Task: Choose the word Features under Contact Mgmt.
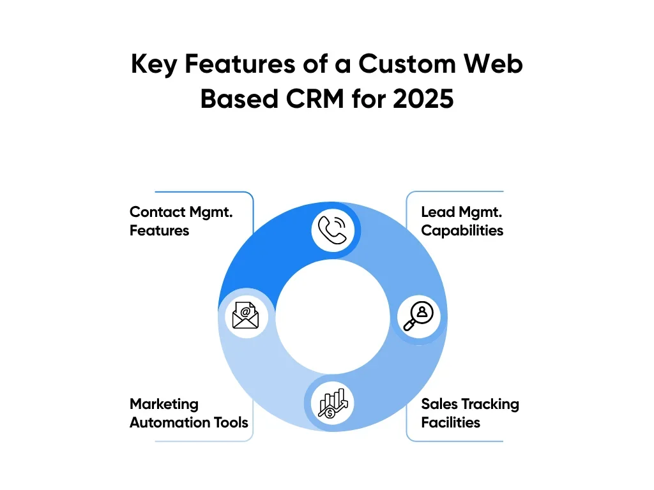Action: pos(159,230)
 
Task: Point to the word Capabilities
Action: pos(462,230)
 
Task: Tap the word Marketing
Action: pos(164,405)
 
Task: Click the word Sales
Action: pos(439,405)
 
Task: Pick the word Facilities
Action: pos(450,422)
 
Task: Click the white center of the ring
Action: pos(332,316)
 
